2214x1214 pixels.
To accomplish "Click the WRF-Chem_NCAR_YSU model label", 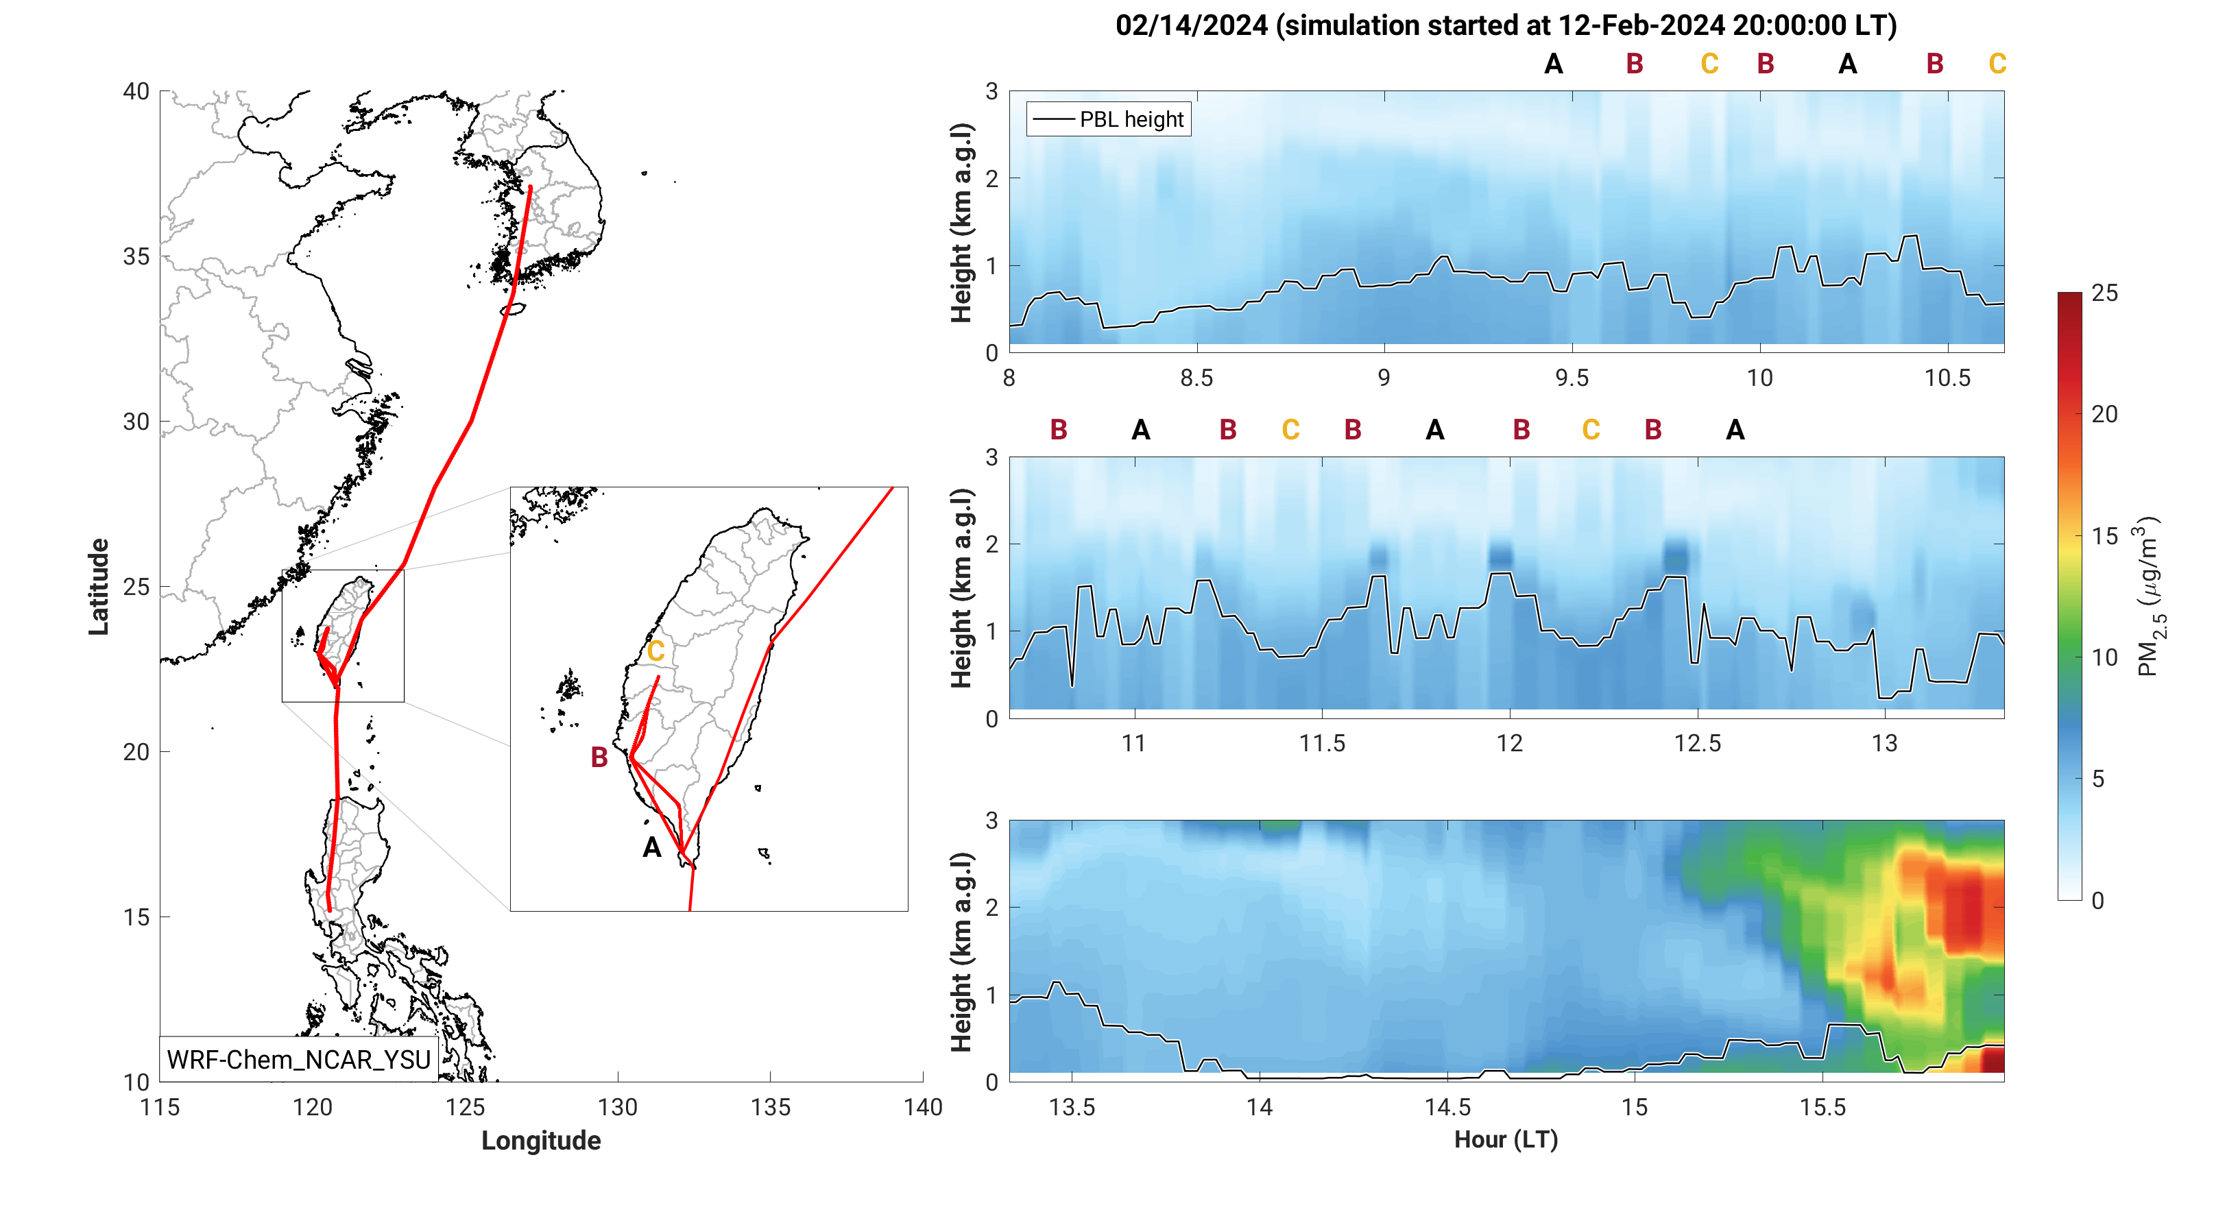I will coord(298,1059).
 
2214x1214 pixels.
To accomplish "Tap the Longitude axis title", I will coord(540,1140).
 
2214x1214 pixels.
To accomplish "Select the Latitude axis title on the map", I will coord(99,587).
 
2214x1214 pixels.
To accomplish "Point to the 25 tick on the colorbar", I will coord(2104,293).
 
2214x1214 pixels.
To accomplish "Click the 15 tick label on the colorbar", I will coord(2104,536).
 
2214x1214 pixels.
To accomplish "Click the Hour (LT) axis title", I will coord(1506,1139).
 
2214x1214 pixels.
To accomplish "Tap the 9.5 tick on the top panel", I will coord(1572,378).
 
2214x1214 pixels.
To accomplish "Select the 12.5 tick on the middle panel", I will coord(1698,743).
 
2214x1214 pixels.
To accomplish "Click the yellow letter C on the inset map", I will coord(655,651).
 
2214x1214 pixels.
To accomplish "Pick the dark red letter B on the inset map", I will coord(599,757).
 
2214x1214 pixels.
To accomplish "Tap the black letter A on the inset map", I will coord(652,848).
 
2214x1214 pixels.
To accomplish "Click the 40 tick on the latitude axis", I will coord(136,91).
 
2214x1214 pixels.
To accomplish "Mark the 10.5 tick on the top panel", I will coord(1947,378).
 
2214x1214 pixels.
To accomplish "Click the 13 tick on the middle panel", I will coord(1885,743).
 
